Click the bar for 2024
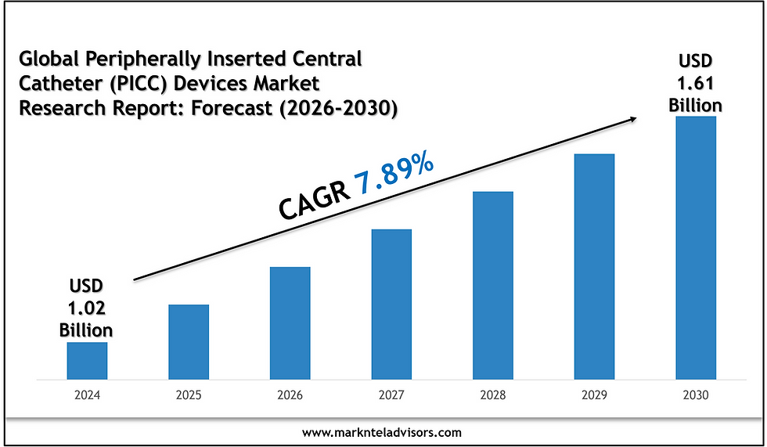coord(87,360)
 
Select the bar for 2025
coord(189,341)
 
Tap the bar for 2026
coord(290,323)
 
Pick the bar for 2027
coord(391,304)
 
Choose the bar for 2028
coord(493,285)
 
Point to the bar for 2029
coord(594,266)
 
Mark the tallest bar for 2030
coord(696,247)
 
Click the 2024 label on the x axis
coord(87,395)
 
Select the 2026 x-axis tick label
coord(290,395)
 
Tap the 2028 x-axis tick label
coord(493,395)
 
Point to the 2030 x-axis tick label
coord(696,395)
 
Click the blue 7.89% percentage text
coord(394,181)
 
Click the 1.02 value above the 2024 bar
coord(86,306)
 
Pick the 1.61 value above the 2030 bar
coord(696,83)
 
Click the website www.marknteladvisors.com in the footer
coord(383,432)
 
